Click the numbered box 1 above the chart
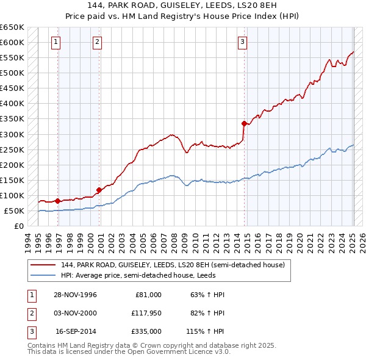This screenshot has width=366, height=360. [x=56, y=42]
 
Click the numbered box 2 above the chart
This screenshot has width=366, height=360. [x=97, y=42]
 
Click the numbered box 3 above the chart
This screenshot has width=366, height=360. [x=242, y=42]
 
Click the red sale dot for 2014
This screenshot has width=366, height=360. [x=244, y=123]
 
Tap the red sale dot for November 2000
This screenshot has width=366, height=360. [x=99, y=190]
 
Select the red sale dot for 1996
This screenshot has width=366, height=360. [x=58, y=201]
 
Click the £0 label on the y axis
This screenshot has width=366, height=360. [x=18, y=226]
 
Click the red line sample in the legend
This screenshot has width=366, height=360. [x=43, y=265]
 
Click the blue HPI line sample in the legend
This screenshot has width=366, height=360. [x=43, y=275]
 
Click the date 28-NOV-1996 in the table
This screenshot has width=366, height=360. [x=76, y=295]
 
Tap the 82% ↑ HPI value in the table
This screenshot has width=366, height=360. [x=204, y=314]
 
